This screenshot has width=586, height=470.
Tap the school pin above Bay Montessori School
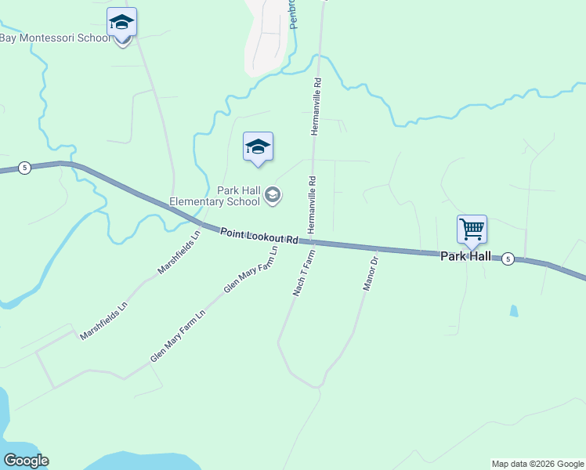click(x=121, y=22)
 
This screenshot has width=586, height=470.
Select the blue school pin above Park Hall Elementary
click(x=258, y=146)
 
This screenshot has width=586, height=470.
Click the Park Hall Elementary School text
click(x=238, y=196)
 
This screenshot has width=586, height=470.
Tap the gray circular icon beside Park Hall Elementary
click(x=273, y=195)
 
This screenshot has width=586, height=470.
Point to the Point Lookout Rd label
click(x=259, y=236)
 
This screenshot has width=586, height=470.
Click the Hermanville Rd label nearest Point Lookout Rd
click(x=312, y=203)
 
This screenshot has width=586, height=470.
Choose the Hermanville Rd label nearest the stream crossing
click(x=317, y=106)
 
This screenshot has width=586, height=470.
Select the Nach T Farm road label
click(x=305, y=274)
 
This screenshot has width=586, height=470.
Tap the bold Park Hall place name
click(x=465, y=256)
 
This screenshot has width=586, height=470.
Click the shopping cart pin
click(x=472, y=230)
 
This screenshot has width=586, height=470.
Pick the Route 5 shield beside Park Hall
click(x=508, y=258)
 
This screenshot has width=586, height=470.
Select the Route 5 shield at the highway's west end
click(x=25, y=168)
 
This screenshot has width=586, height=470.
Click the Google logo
click(x=26, y=461)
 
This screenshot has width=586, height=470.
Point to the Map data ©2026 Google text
click(x=538, y=464)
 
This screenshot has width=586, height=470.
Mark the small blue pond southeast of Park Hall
click(x=513, y=310)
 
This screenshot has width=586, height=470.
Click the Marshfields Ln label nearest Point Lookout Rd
click(x=179, y=252)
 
